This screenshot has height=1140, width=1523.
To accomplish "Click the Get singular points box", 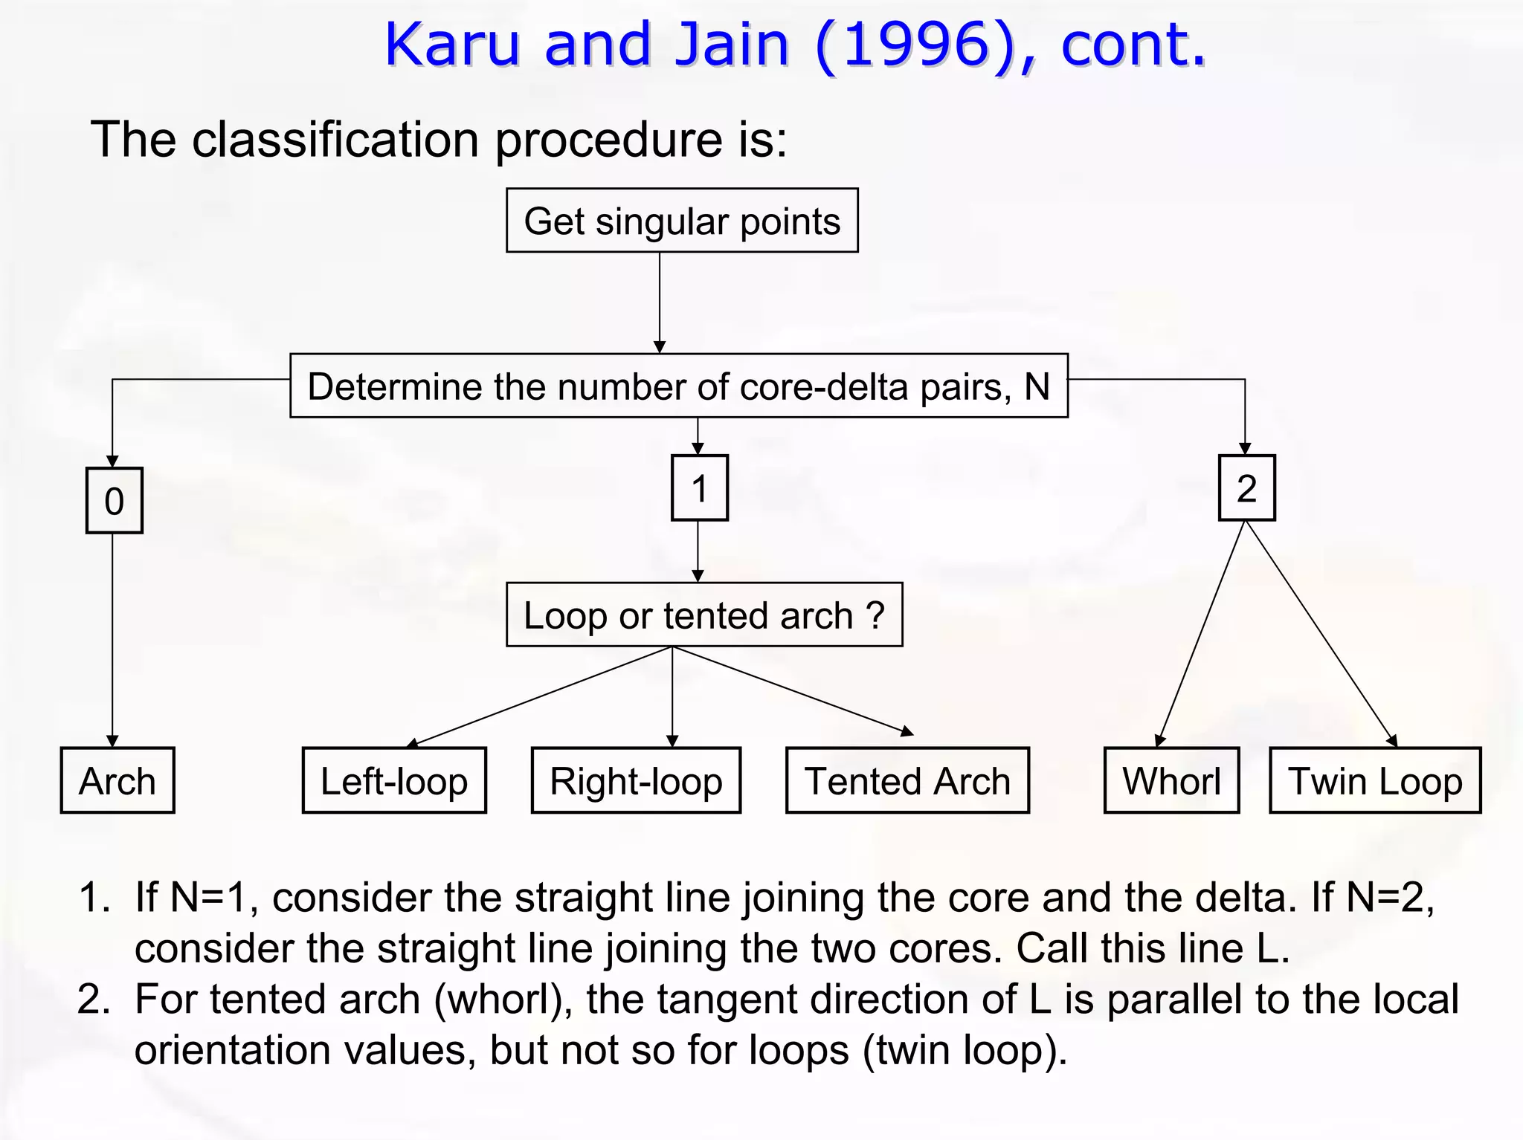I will [682, 221].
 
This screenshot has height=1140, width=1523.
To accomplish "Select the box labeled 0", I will [114, 500].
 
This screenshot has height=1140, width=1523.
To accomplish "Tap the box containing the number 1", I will [699, 488].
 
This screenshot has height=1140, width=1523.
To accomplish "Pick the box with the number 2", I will [1246, 488].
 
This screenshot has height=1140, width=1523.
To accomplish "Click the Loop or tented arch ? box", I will [703, 615].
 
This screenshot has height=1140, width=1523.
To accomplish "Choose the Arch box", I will [117, 780].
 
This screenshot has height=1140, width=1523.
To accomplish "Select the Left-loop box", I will [394, 780].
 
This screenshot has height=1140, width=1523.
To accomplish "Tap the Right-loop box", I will [636, 780].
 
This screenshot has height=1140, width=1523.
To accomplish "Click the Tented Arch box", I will [907, 780].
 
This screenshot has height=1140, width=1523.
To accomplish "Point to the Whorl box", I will [1171, 780].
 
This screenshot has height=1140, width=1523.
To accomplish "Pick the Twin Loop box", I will [1375, 780].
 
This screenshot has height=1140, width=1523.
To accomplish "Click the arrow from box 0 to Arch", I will [112, 639].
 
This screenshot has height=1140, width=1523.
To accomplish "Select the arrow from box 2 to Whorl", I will [1201, 632].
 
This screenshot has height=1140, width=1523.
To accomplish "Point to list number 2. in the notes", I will [94, 999].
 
